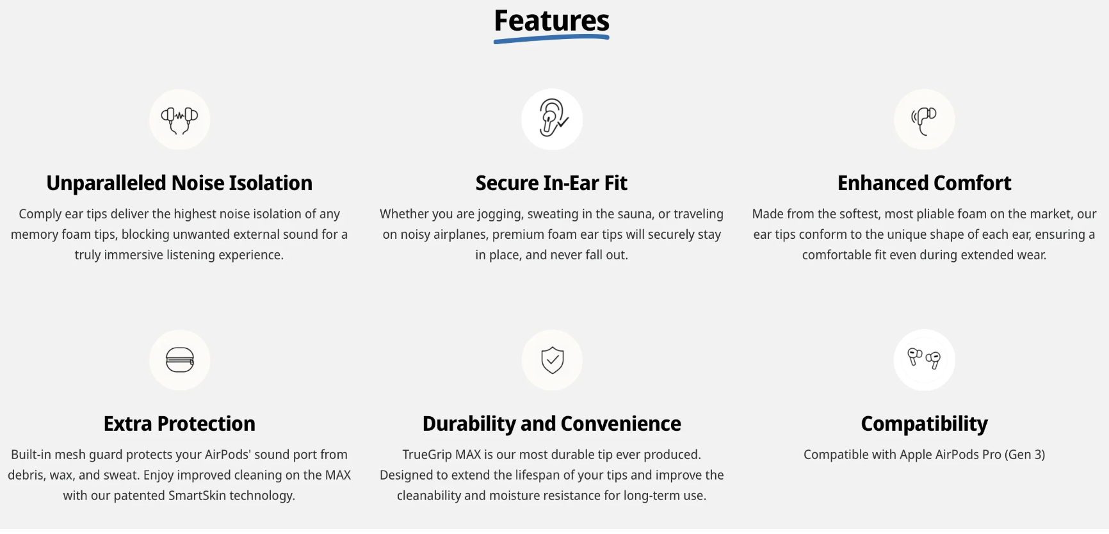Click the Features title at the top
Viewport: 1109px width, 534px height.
click(551, 20)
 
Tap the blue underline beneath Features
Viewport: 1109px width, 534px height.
click(551, 39)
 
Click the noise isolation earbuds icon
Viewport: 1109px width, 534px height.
click(179, 120)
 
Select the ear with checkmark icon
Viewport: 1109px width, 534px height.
click(552, 120)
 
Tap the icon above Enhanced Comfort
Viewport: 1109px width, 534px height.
click(924, 120)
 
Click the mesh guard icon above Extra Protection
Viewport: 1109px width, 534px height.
click(179, 360)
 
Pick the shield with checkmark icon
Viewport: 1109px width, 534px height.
click(552, 360)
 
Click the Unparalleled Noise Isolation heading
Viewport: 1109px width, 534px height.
click(179, 183)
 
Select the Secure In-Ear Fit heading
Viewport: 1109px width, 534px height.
click(551, 183)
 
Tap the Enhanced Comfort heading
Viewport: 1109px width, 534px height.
click(924, 183)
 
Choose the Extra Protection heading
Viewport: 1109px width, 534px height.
click(179, 424)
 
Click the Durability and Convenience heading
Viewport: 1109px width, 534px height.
click(551, 424)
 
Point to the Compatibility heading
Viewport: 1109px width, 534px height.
click(924, 424)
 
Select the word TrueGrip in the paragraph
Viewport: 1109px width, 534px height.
click(427, 455)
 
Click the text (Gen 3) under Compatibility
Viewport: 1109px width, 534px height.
click(1024, 455)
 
